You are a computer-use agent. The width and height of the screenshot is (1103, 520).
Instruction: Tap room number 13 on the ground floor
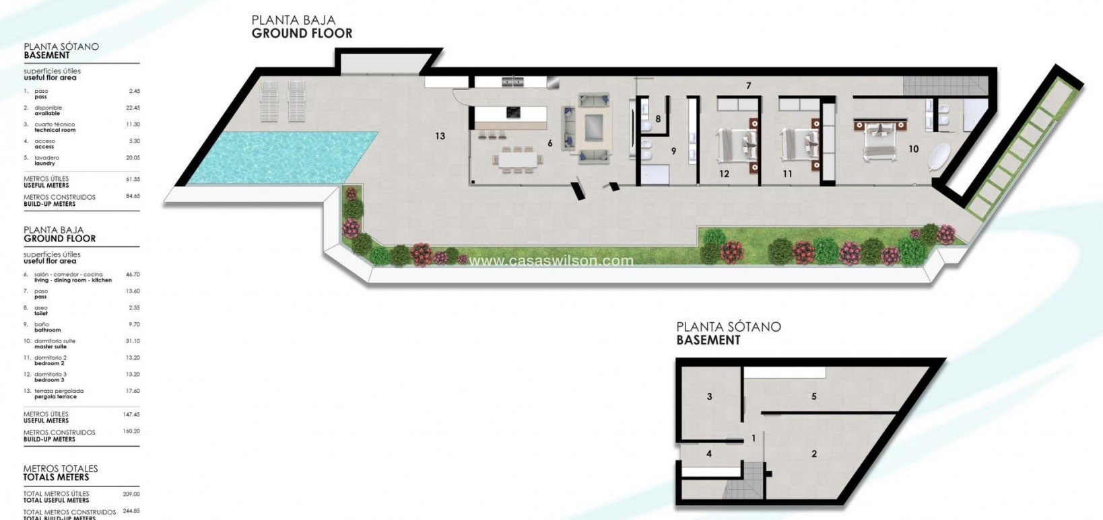tap(440, 136)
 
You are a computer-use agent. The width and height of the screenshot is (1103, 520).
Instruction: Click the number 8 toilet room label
tap(658, 119)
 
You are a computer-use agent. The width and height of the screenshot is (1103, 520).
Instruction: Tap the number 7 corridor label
tap(748, 85)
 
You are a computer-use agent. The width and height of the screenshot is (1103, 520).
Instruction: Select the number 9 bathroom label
tap(673, 151)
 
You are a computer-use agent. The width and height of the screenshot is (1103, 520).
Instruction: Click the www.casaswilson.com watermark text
tap(551, 260)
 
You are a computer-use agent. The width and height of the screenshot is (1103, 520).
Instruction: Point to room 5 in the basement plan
tap(813, 396)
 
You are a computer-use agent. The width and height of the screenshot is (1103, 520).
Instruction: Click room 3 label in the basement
tap(709, 396)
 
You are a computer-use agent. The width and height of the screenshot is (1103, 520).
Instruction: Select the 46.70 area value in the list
tap(133, 274)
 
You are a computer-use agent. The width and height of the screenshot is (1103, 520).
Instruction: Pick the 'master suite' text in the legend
tap(51, 346)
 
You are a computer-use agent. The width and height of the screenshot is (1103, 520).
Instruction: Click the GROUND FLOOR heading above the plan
tap(302, 34)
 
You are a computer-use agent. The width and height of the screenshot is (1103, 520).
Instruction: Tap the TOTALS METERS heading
tap(57, 477)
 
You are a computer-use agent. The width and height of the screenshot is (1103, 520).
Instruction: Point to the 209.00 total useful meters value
tap(131, 494)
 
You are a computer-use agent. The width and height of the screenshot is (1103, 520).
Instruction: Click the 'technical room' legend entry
tap(55, 130)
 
